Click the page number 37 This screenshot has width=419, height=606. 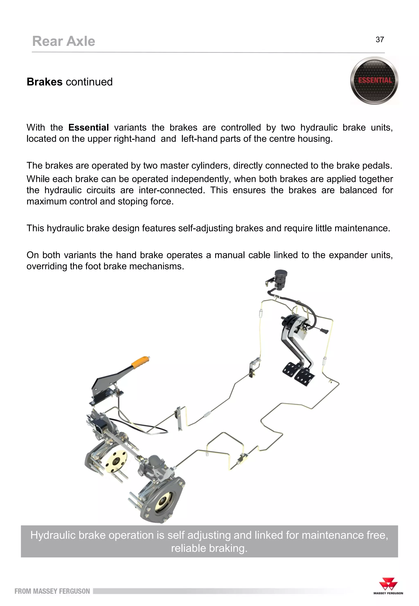click(380, 40)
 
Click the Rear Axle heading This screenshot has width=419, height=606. click(64, 42)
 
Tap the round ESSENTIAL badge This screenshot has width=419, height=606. click(374, 80)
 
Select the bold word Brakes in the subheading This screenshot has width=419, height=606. click(45, 82)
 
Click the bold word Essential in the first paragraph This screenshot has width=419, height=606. click(88, 128)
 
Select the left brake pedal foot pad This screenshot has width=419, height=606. click(291, 369)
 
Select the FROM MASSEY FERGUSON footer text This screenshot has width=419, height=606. click(52, 591)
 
